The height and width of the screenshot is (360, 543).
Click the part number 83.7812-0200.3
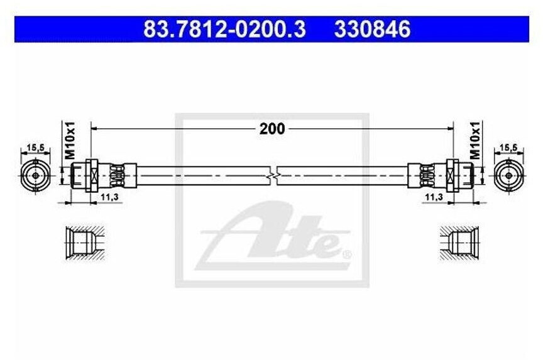tap(224, 29)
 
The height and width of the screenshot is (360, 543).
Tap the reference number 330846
tap(372, 29)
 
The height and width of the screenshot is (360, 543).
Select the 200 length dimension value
tap(272, 129)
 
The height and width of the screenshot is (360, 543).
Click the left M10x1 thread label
tap(70, 140)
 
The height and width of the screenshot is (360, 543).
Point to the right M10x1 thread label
tap(476, 140)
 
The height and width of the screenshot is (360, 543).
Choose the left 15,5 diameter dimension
tap(36, 148)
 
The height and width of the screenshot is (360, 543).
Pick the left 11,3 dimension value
tap(109, 197)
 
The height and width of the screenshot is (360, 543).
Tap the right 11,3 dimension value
tap(434, 197)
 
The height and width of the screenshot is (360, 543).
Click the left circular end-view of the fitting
tap(36, 175)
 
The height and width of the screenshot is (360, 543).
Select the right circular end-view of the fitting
tap(508, 175)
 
